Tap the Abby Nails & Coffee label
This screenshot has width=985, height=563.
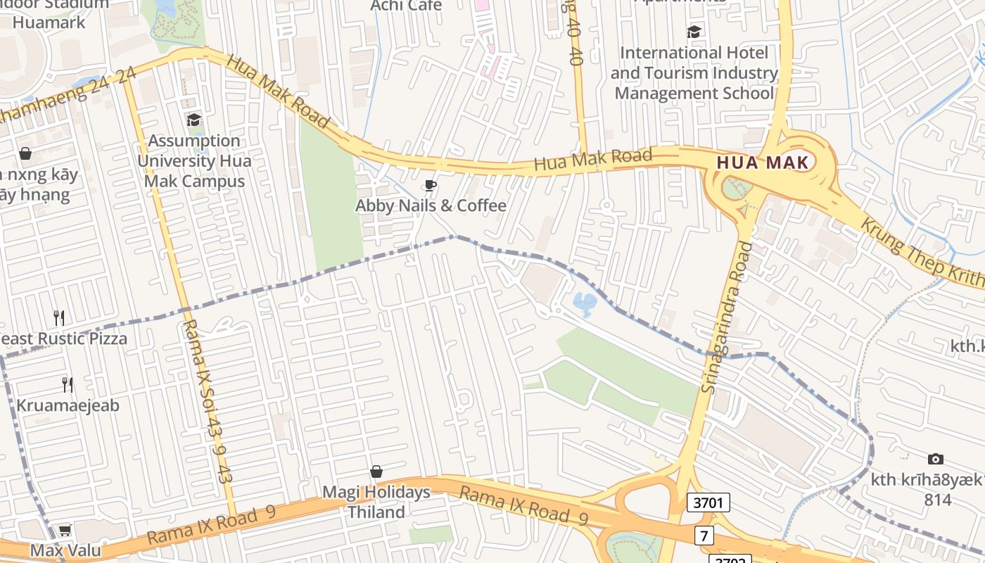(x=431, y=205)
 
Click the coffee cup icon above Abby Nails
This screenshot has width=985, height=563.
(x=430, y=186)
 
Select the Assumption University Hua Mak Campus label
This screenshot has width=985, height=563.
(x=194, y=160)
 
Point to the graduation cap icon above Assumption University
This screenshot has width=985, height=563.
(x=193, y=120)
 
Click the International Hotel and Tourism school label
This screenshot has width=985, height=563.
(x=694, y=72)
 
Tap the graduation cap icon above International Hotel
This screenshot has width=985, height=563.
(x=694, y=32)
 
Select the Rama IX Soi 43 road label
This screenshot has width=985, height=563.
(x=208, y=401)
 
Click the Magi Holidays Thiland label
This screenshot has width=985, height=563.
(x=376, y=502)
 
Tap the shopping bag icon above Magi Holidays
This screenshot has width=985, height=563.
(x=376, y=472)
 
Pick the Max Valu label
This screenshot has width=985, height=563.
(x=65, y=550)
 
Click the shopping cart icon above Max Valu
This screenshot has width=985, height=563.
(x=65, y=529)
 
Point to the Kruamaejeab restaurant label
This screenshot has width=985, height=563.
(x=68, y=405)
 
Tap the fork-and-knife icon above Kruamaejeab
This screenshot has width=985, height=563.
(x=68, y=384)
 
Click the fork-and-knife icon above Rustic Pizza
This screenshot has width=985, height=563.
(x=60, y=318)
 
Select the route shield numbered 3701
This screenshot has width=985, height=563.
(x=708, y=502)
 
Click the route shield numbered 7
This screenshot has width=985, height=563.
(x=704, y=536)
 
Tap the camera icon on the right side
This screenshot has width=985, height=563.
(x=935, y=460)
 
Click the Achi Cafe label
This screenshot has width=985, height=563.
(x=407, y=6)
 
